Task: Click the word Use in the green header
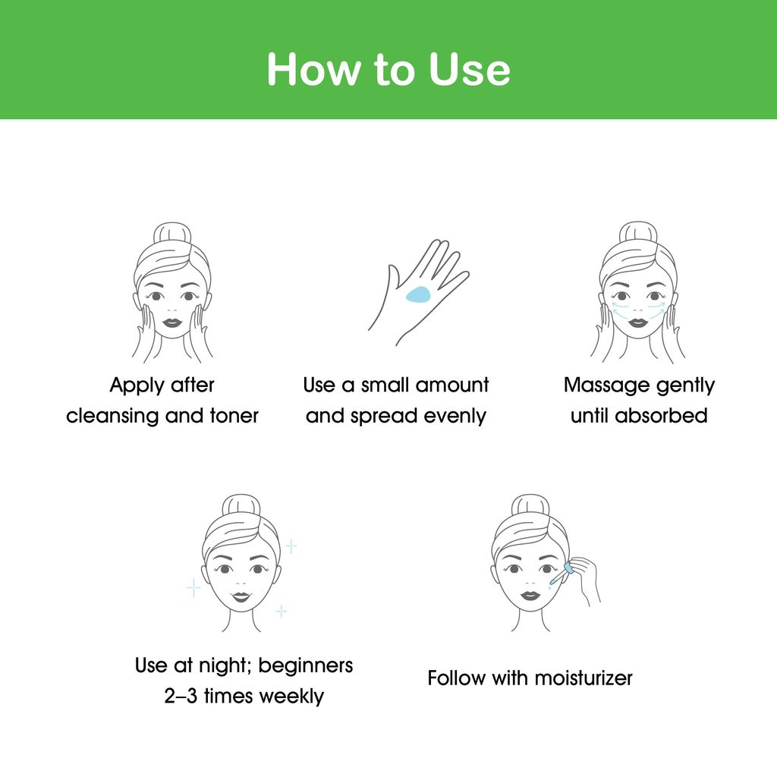coord(469,69)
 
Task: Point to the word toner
coord(234,416)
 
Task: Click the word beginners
coord(306,665)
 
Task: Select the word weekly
coord(291,697)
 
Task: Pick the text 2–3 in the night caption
coord(181,697)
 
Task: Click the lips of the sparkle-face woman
coord(241,596)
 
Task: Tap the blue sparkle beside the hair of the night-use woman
coord(291,546)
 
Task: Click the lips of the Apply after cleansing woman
coord(172,322)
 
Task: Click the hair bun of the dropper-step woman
coord(530,505)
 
